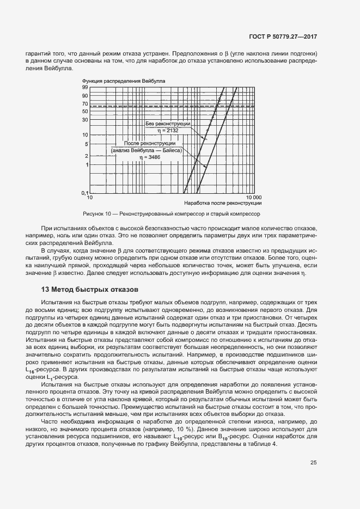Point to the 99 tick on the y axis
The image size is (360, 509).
[85, 87]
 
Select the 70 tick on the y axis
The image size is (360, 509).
[85, 103]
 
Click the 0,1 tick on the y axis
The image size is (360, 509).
[84, 193]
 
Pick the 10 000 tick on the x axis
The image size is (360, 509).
[253, 197]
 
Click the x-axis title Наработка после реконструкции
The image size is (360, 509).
[227, 203]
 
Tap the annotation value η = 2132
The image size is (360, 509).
[169, 131]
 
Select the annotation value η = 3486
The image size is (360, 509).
[147, 156]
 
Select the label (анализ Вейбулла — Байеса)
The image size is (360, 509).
[146, 149]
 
